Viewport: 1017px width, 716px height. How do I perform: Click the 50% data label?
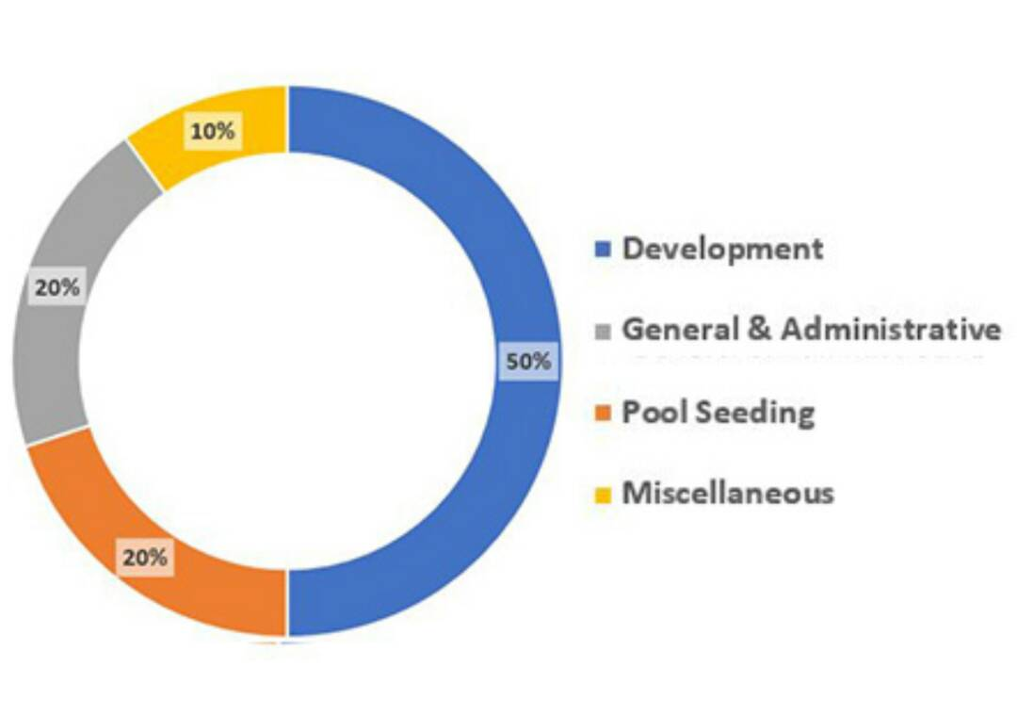click(x=528, y=362)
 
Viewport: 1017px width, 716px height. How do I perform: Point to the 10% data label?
click(x=212, y=131)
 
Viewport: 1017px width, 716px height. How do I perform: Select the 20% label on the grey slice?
click(x=57, y=287)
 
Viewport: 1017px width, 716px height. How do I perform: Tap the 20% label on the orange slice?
click(x=144, y=557)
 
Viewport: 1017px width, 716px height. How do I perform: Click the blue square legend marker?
click(x=604, y=250)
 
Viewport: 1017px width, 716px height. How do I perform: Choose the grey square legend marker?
click(x=604, y=332)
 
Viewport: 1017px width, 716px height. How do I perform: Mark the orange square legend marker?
click(x=604, y=413)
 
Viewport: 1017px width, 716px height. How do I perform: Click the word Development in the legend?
click(x=722, y=250)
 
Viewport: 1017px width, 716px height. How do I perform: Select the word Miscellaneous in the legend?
click(x=728, y=493)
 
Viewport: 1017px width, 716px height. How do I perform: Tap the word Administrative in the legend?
click(x=890, y=330)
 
